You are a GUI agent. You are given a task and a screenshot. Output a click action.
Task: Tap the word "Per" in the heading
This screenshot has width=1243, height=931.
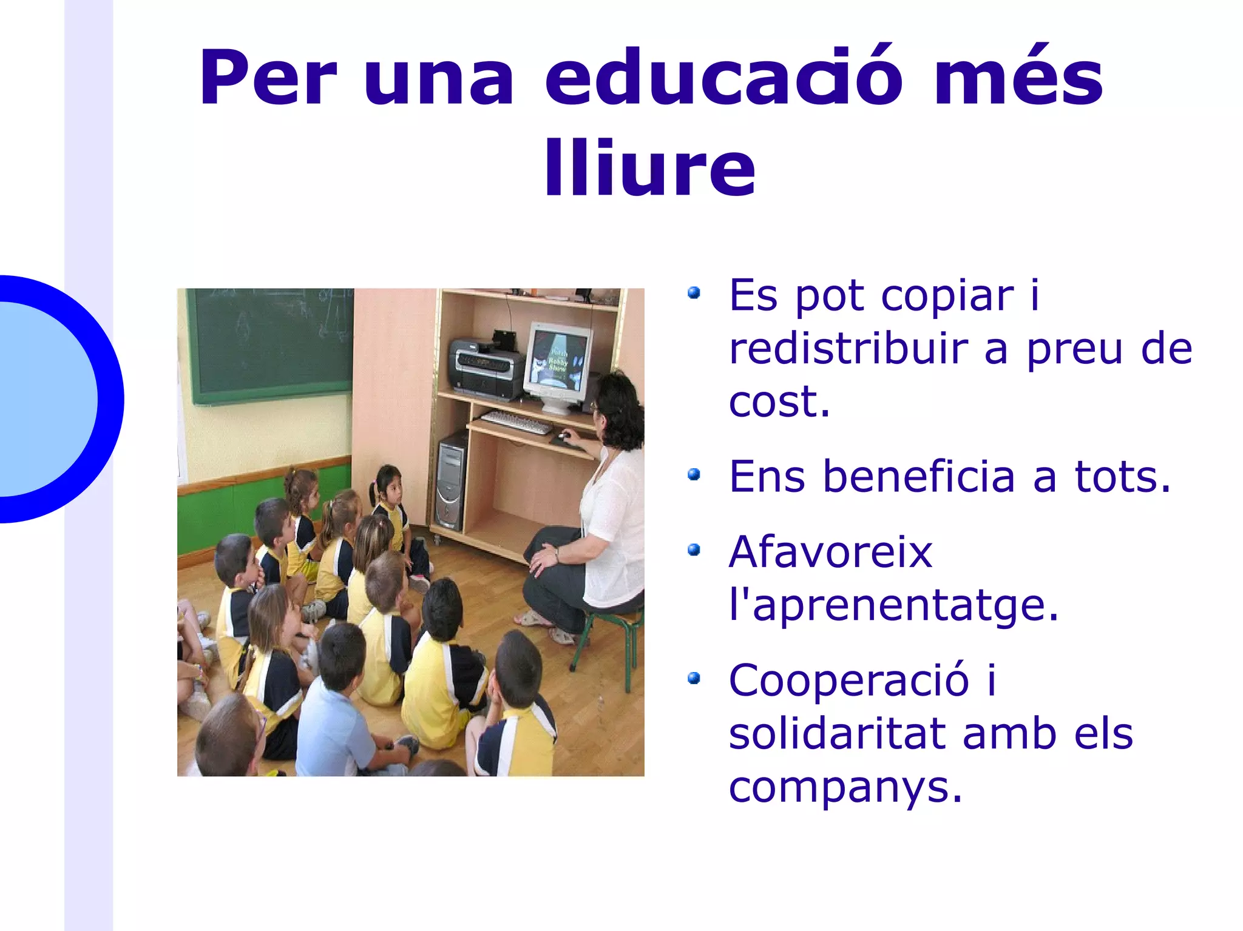(x=268, y=78)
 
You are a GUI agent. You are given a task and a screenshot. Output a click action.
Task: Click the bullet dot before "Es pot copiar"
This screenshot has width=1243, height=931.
(x=694, y=294)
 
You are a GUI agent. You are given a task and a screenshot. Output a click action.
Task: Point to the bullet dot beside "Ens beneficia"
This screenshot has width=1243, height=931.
(x=694, y=474)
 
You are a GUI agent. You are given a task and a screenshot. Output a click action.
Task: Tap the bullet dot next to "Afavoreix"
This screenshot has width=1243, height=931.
(x=694, y=550)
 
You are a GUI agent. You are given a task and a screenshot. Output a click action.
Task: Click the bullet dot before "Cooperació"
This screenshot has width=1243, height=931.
(x=694, y=678)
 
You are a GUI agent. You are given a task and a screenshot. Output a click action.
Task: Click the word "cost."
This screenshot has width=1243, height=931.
(x=779, y=402)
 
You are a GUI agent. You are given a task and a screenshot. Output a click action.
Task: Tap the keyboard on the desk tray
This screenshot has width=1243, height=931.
(x=517, y=422)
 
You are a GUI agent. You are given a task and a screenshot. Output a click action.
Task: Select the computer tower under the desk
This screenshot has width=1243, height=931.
(x=451, y=482)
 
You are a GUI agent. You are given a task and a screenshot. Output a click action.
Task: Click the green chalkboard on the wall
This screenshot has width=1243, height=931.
(x=270, y=343)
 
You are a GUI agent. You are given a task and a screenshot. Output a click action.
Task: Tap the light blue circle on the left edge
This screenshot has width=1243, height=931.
(x=42, y=399)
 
